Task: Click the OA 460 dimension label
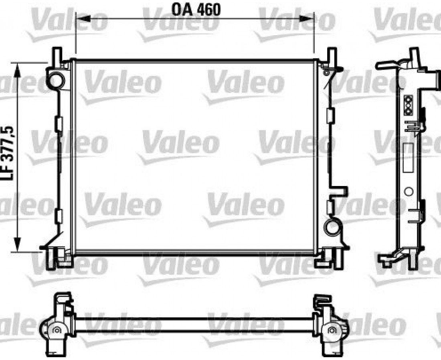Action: click(196, 10)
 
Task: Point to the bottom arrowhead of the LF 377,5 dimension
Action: click(17, 244)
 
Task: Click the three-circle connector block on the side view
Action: click(408, 105)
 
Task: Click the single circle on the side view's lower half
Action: click(409, 192)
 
